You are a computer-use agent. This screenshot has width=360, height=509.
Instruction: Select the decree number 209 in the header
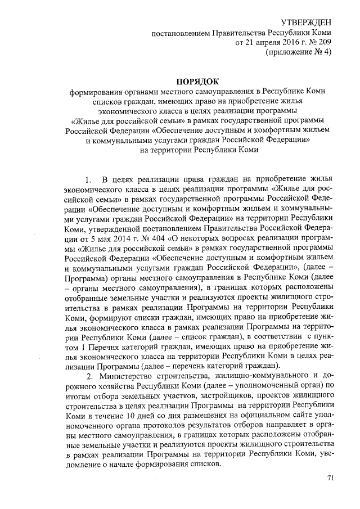click(323, 42)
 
